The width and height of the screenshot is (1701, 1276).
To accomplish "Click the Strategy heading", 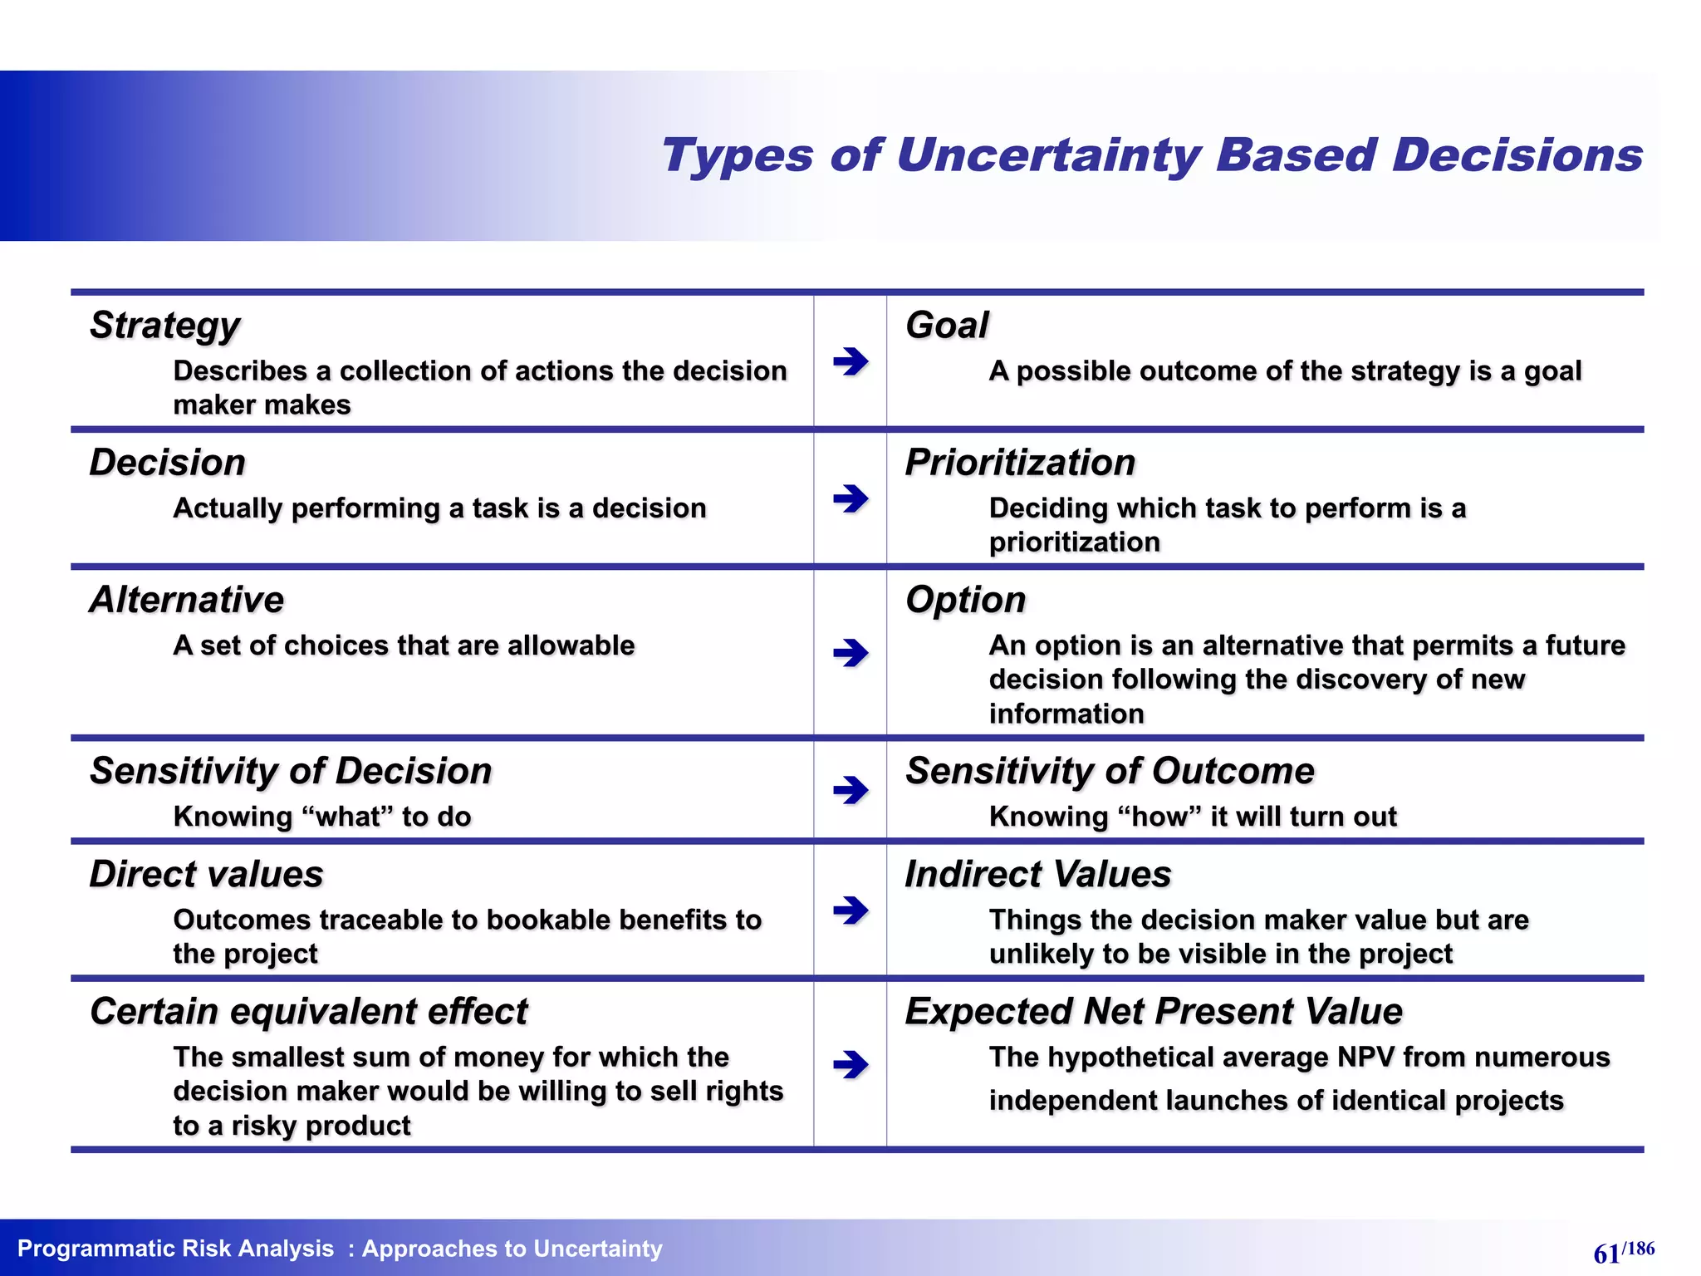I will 164,326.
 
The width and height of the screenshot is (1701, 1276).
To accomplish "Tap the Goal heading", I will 947,325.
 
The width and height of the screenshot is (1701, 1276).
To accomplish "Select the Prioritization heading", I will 1020,463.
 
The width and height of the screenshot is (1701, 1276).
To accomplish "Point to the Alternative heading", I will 187,600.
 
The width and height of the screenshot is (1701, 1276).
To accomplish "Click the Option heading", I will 965,600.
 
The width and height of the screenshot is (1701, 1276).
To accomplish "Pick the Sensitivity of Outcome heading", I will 1110,771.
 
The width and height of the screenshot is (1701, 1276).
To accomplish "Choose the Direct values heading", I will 206,875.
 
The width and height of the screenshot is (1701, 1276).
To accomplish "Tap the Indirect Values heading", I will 1038,875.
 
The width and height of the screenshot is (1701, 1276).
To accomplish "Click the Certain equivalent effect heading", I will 308,1012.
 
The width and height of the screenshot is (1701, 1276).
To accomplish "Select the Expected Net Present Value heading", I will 1154,1012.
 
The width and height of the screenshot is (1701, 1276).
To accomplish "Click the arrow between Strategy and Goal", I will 850,361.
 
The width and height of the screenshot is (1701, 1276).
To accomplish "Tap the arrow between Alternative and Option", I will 850,653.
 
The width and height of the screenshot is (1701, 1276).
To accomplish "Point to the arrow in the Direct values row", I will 850,910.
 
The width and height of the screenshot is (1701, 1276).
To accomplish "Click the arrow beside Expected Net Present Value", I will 850,1064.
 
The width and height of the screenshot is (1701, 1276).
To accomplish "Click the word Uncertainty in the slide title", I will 1048,156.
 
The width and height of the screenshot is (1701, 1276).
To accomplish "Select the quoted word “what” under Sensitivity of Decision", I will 346,817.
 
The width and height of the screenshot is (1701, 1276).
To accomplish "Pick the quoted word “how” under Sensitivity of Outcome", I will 1159,817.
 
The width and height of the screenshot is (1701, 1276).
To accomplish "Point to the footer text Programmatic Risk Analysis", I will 175,1249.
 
